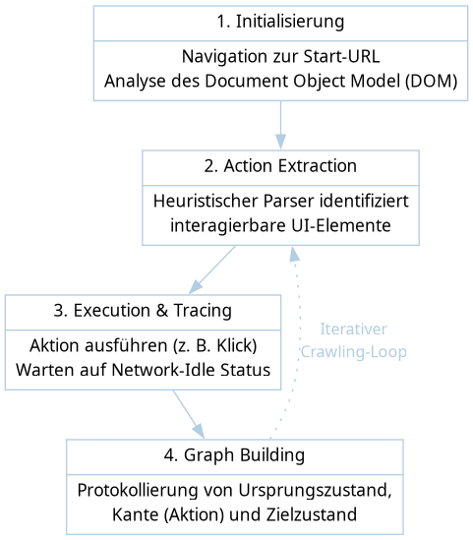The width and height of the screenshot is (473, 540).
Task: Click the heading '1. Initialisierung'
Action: click(280, 22)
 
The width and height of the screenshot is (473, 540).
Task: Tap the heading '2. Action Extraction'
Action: click(280, 166)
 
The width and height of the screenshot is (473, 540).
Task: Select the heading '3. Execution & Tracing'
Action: click(143, 311)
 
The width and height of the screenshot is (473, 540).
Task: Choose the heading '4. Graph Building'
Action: click(234, 455)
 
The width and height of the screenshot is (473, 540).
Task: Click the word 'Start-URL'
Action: click(341, 56)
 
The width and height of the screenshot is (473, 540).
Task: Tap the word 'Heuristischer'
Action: click(206, 201)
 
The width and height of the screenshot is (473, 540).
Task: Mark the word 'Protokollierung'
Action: click(138, 491)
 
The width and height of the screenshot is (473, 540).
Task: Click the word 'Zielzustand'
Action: click(311, 515)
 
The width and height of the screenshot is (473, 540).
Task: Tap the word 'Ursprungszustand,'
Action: click(315, 491)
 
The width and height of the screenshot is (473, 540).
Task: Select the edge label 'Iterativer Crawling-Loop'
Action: click(354, 340)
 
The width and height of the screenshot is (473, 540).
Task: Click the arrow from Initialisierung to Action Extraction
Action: click(280, 125)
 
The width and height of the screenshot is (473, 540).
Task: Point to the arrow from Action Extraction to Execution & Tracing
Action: click(212, 270)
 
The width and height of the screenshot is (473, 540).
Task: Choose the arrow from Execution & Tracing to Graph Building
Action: click(189, 414)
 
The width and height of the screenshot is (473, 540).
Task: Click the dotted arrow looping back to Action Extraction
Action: click(299, 341)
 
